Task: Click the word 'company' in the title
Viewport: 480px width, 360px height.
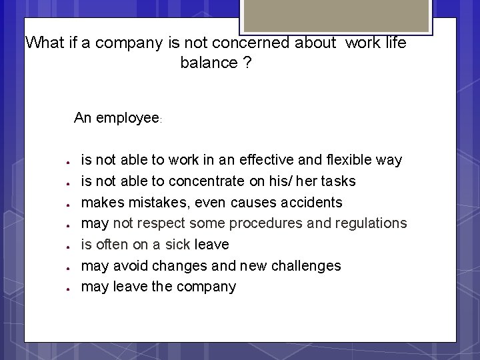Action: tap(132, 43)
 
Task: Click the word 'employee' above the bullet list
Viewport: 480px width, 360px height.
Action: tap(127, 118)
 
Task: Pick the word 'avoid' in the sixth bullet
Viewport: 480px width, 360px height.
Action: tap(130, 266)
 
